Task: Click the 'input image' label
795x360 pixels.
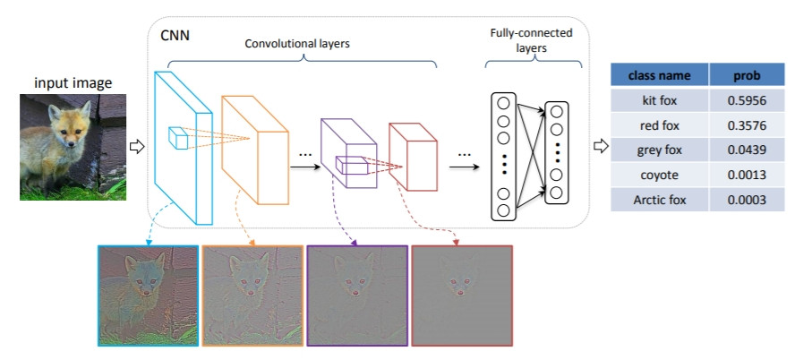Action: [73, 83]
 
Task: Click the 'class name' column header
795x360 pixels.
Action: [659, 74]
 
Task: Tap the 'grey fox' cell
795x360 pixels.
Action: [659, 150]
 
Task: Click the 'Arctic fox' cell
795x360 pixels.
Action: [659, 200]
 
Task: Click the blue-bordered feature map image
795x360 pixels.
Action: [149, 295]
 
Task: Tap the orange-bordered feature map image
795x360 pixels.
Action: [252, 295]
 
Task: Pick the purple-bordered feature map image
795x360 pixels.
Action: [356, 295]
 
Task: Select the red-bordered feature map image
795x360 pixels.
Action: [460, 295]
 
